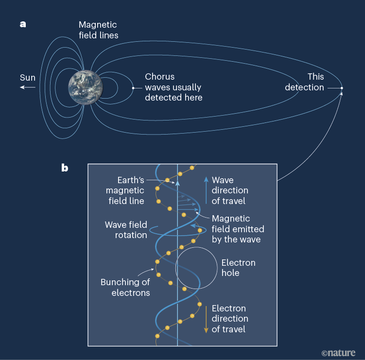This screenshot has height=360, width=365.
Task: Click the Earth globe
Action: click(86, 88)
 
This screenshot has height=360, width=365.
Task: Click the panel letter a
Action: click(23, 24)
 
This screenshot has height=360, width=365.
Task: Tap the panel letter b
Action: click(65, 169)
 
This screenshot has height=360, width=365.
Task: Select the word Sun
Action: click(27, 78)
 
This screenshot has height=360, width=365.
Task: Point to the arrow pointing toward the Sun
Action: click(28, 87)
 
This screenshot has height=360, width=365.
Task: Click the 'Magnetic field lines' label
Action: click(99, 30)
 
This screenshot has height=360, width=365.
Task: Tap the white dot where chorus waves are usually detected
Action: click(133, 88)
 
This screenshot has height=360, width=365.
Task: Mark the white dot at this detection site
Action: click(342, 88)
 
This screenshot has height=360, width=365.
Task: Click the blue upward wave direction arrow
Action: click(206, 190)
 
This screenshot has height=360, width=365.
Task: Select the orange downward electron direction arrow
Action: click(206, 318)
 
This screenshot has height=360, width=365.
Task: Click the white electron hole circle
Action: click(196, 268)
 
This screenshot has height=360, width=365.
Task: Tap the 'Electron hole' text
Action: click(238, 268)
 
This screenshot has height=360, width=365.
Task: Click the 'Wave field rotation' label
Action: click(126, 230)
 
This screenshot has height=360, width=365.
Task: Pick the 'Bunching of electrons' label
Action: click(125, 287)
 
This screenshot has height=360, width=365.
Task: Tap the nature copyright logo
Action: click(338, 352)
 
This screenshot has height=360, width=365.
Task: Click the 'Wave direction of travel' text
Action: click(230, 190)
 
